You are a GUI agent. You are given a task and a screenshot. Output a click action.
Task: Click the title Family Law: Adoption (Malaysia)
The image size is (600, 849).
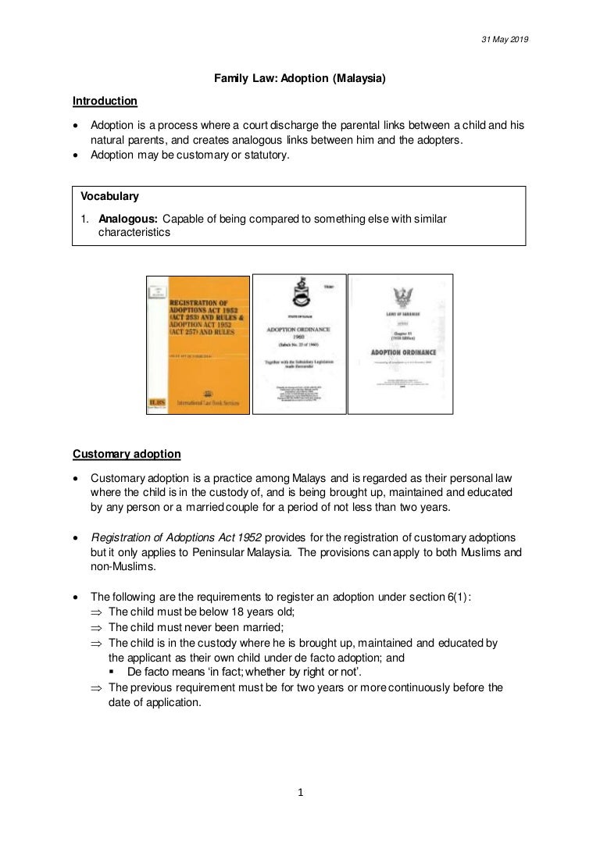coord(301,79)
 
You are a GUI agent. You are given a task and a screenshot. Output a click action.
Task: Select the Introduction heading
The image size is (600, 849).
coord(105,101)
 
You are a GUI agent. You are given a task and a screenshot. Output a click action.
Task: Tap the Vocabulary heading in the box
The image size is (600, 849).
coord(110,197)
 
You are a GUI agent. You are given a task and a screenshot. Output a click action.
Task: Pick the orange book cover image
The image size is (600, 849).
coord(198,344)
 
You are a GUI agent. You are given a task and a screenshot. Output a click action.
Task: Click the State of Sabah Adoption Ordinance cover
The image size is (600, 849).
coord(298,344)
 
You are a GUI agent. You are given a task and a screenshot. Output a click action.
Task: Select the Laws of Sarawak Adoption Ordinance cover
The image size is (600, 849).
coord(400,344)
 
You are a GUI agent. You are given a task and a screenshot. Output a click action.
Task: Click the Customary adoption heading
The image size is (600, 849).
coord(127,454)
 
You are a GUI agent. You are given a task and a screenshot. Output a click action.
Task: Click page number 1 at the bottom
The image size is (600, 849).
coord(300,794)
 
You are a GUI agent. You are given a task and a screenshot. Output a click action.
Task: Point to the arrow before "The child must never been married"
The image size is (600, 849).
coord(96,627)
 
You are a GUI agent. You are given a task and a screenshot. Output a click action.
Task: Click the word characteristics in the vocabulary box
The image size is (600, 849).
coord(134,233)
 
